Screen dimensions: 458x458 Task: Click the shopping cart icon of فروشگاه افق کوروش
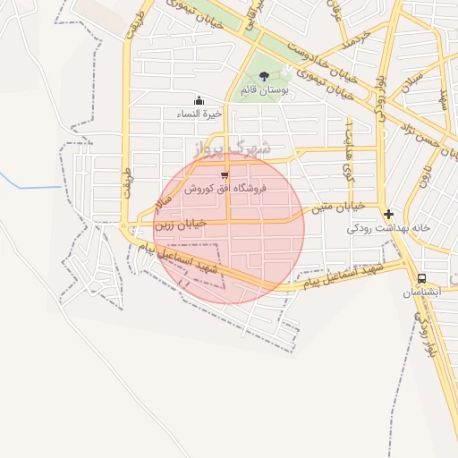tap(224, 175)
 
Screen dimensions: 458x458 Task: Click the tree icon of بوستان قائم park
tap(263, 76)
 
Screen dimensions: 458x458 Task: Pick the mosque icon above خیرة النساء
tap(198, 100)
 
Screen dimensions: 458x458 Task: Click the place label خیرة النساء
tap(198, 114)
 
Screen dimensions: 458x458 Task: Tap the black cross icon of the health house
tap(388, 215)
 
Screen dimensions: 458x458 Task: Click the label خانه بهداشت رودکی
tap(389, 228)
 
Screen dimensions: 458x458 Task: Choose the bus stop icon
tap(420, 278)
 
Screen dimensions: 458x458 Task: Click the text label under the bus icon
tap(420, 293)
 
